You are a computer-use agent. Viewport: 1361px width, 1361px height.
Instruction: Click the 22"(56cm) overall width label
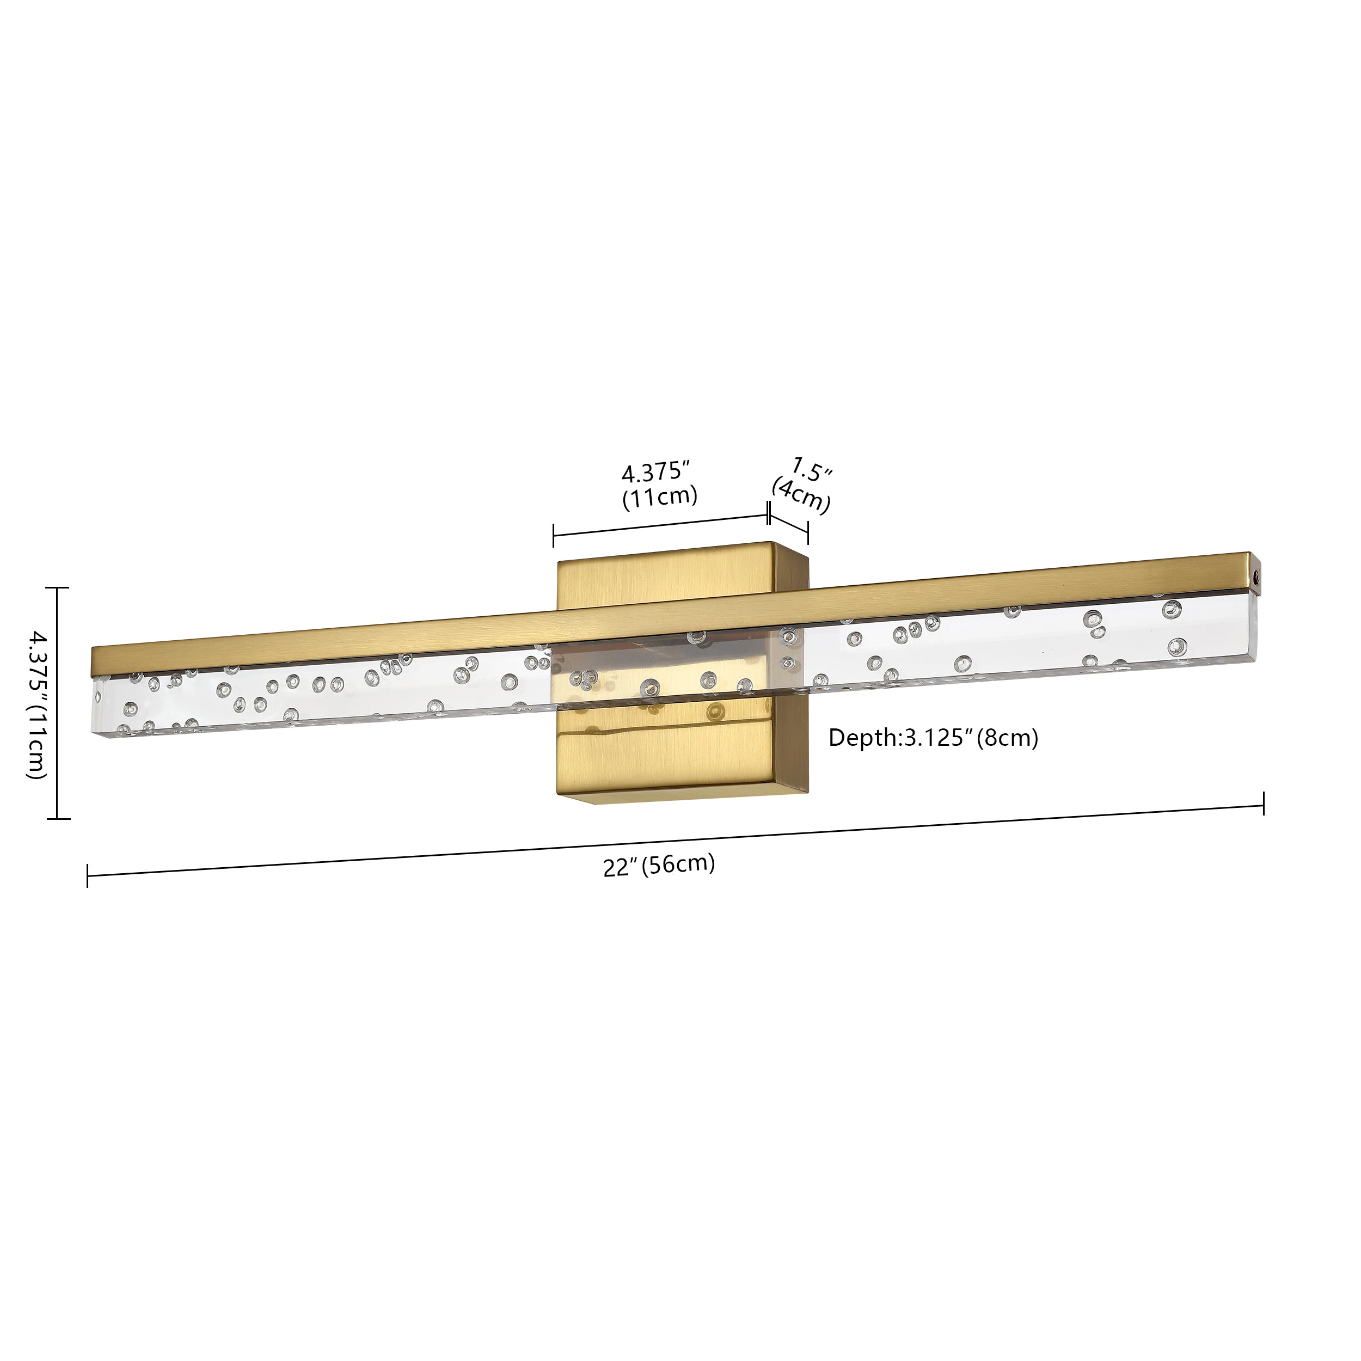tap(659, 865)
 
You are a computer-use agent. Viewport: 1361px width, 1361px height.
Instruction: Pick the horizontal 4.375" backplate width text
tap(654, 470)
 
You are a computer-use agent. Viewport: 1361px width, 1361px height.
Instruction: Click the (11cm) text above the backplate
tap(659, 496)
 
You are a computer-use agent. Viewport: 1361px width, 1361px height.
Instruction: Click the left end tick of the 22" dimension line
tap(87, 875)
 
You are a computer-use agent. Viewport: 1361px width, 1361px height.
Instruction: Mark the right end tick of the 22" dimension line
tap(1264, 803)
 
